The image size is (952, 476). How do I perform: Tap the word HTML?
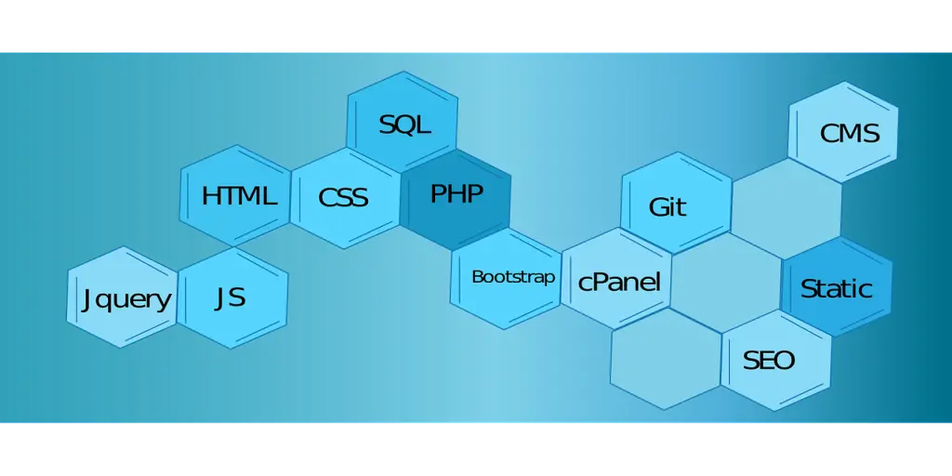[x=239, y=196]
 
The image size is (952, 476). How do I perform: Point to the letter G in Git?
[x=657, y=206]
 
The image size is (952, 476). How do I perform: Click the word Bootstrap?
[x=513, y=277]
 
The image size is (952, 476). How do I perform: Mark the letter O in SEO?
[x=786, y=360]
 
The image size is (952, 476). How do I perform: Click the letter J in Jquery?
[x=86, y=299]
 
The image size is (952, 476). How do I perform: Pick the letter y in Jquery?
[x=164, y=302]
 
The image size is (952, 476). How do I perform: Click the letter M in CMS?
[x=850, y=134]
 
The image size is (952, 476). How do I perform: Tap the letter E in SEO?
[x=768, y=360]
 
